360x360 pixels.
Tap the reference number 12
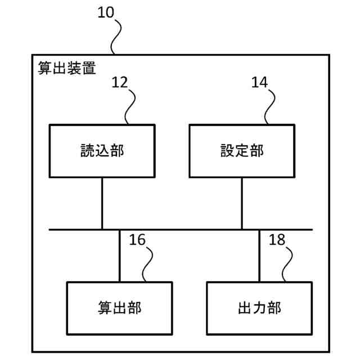coord(119,82)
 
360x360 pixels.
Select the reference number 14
coord(259,82)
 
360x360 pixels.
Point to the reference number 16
coord(137,240)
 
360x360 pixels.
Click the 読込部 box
coord(102,151)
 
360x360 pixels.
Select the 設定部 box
coord(242,151)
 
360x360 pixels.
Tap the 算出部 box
coord(119,308)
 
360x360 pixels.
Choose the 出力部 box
coord(259,308)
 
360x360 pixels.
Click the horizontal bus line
coord(180,229)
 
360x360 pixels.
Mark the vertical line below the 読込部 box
coord(102,203)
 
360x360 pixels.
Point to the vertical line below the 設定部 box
coord(242,203)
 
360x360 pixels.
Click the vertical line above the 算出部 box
coord(119,255)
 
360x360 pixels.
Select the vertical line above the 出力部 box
coord(259,255)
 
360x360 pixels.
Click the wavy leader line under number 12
coord(130,107)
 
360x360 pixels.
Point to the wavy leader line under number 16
coord(148,264)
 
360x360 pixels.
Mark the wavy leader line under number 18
coord(287,264)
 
